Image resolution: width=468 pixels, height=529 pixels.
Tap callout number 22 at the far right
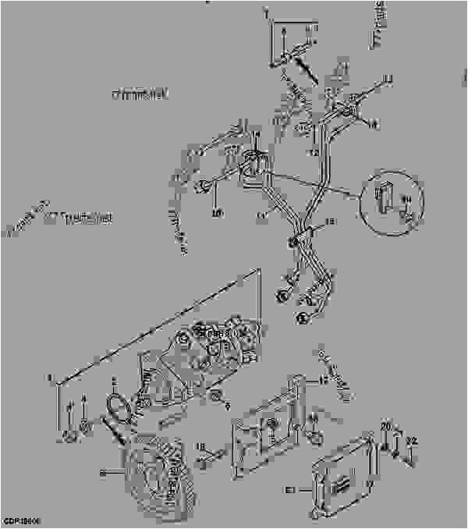coord(413,440)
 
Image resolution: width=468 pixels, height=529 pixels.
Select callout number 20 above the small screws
coord(385,425)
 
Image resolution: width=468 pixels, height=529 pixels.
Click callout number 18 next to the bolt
coord(200,446)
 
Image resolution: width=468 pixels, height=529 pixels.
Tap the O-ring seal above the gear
coord(118,409)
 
